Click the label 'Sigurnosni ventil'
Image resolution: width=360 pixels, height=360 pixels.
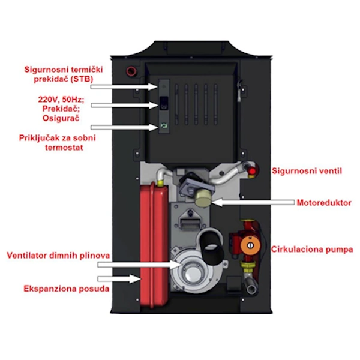pyautogui.click(x=307, y=170)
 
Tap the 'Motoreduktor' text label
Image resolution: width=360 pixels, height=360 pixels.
pyautogui.click(x=324, y=203)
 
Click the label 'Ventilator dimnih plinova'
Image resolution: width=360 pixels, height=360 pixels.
pyautogui.click(x=58, y=256)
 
